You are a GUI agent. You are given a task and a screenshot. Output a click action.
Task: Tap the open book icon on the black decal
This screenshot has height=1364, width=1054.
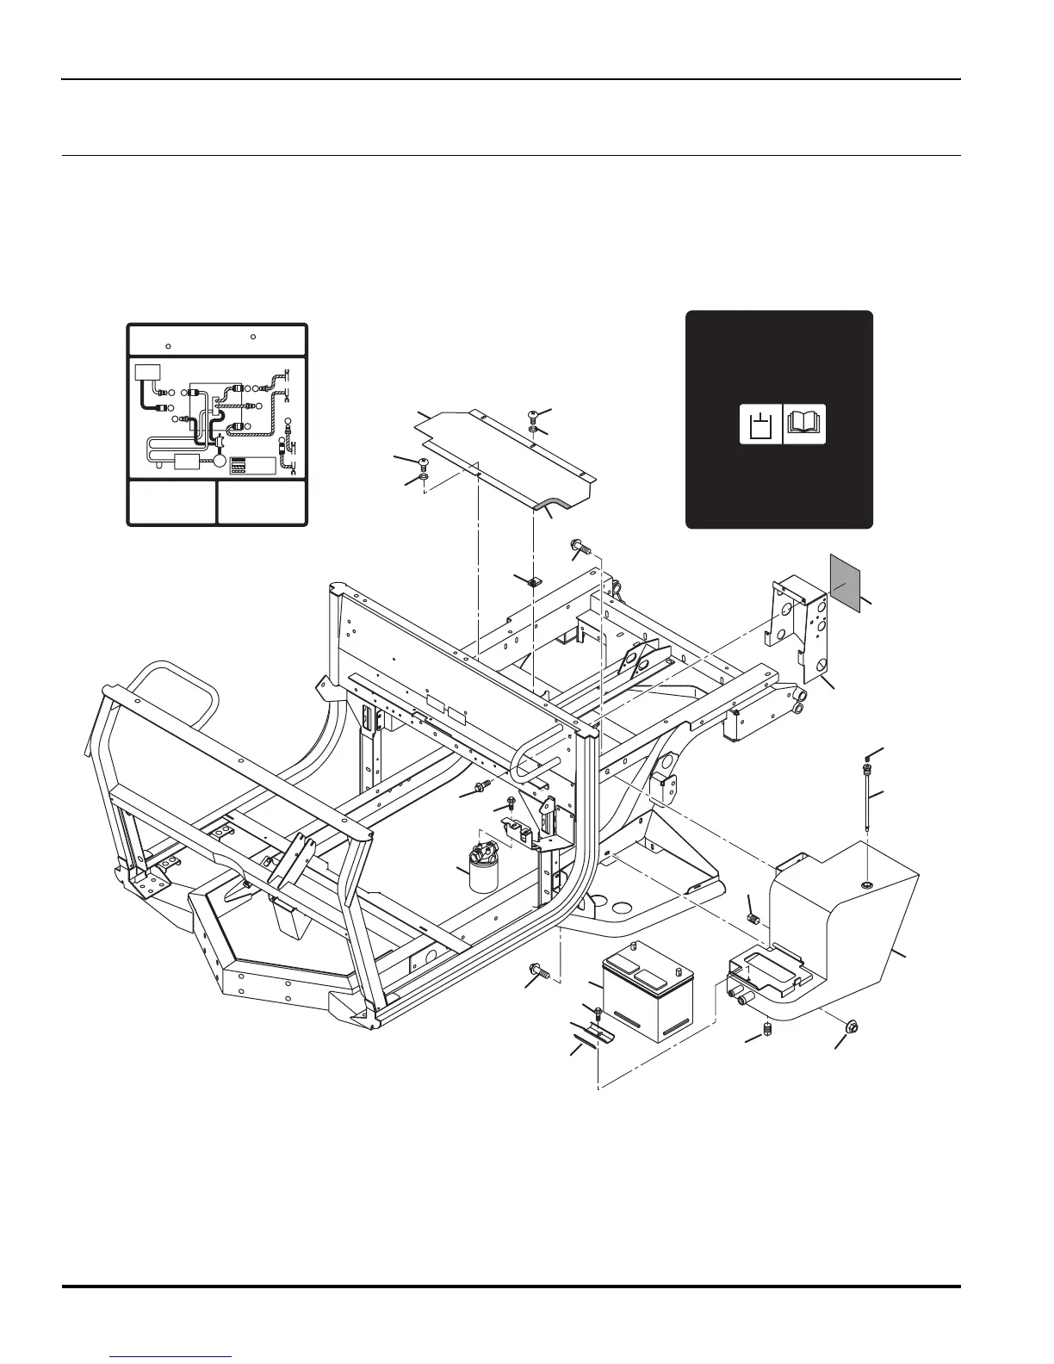[x=805, y=424]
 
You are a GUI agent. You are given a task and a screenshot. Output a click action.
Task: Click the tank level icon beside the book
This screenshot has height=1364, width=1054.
[x=760, y=424]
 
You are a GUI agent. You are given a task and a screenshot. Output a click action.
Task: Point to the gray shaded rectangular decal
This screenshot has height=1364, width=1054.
[x=845, y=582]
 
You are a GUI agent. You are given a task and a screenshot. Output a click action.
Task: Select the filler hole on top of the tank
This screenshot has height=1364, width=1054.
[x=866, y=885]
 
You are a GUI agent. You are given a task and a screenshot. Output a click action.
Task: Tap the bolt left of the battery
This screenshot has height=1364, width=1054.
[x=538, y=971]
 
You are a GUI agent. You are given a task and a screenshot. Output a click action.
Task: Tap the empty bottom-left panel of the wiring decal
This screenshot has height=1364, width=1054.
[x=172, y=502]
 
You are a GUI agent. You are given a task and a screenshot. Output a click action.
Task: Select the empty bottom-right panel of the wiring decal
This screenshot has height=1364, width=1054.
[x=262, y=502]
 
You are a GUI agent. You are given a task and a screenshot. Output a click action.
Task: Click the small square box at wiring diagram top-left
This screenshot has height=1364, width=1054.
[x=148, y=372]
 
